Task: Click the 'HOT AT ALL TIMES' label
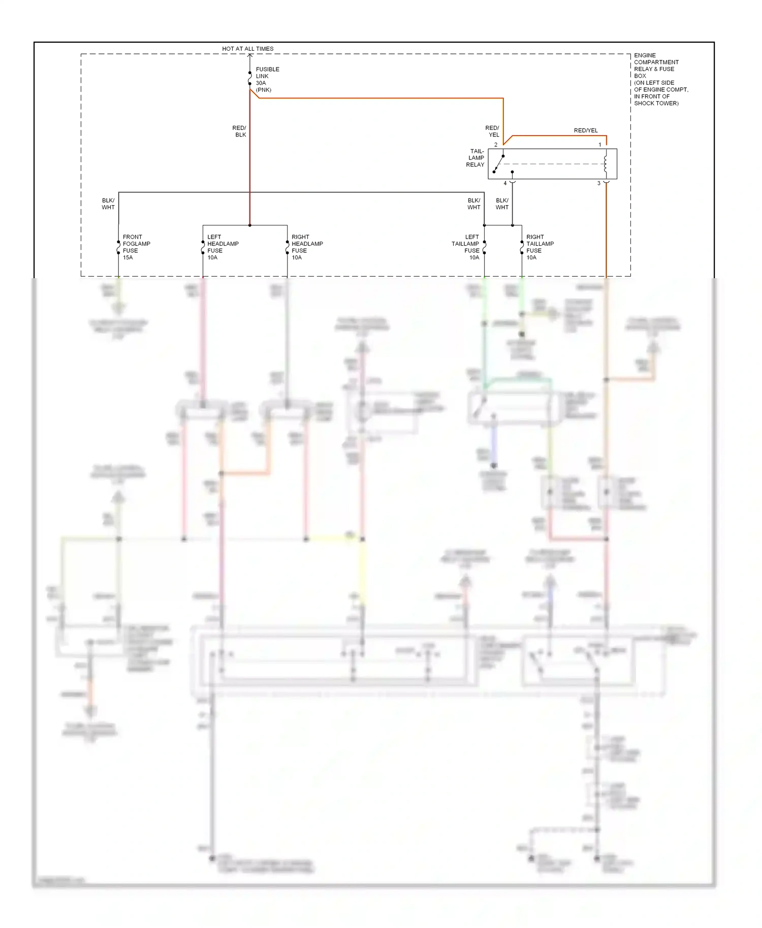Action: coord(247,49)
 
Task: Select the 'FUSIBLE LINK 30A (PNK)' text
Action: coord(267,80)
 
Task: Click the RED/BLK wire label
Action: coord(239,131)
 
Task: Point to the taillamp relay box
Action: coord(552,164)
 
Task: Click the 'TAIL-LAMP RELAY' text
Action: coord(475,158)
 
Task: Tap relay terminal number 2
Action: coord(496,145)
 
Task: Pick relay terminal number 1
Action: coord(599,145)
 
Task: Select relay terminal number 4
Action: coord(505,183)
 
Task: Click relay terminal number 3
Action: coord(598,183)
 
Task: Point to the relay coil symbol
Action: coord(606,164)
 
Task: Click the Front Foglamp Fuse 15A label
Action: coord(136,247)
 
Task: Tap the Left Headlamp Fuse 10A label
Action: coord(223,247)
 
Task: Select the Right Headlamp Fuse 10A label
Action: coord(307,247)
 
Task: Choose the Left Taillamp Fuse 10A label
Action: coord(466,247)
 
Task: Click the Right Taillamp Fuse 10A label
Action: coord(539,247)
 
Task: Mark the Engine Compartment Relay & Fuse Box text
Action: coord(660,79)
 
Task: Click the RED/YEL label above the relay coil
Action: coord(586,130)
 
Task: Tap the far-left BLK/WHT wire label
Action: coord(108,204)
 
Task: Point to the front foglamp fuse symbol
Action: coord(118,247)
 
